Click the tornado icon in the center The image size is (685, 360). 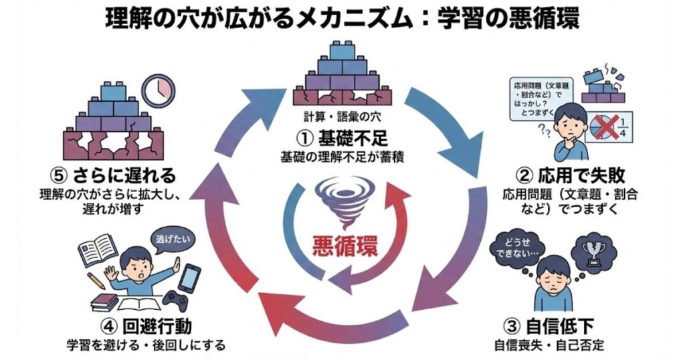tap(342, 200)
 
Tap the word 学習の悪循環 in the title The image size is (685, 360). tap(508, 18)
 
